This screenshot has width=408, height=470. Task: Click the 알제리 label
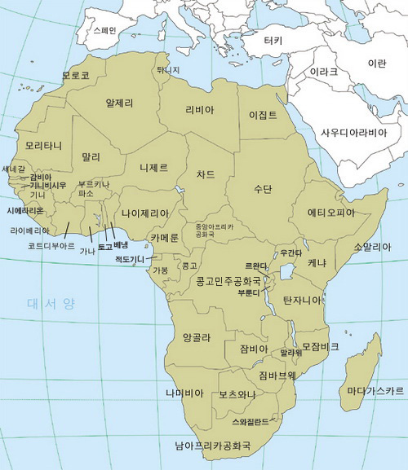(120, 103)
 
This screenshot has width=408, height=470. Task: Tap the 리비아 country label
(200, 110)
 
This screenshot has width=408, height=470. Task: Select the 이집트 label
(263, 116)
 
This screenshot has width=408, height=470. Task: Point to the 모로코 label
(75, 76)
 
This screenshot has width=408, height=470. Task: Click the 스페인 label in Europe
(105, 30)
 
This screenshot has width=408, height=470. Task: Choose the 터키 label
(273, 41)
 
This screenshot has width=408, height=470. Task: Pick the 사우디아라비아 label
(353, 132)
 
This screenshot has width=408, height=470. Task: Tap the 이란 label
(377, 63)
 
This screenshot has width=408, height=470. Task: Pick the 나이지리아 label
(145, 213)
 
